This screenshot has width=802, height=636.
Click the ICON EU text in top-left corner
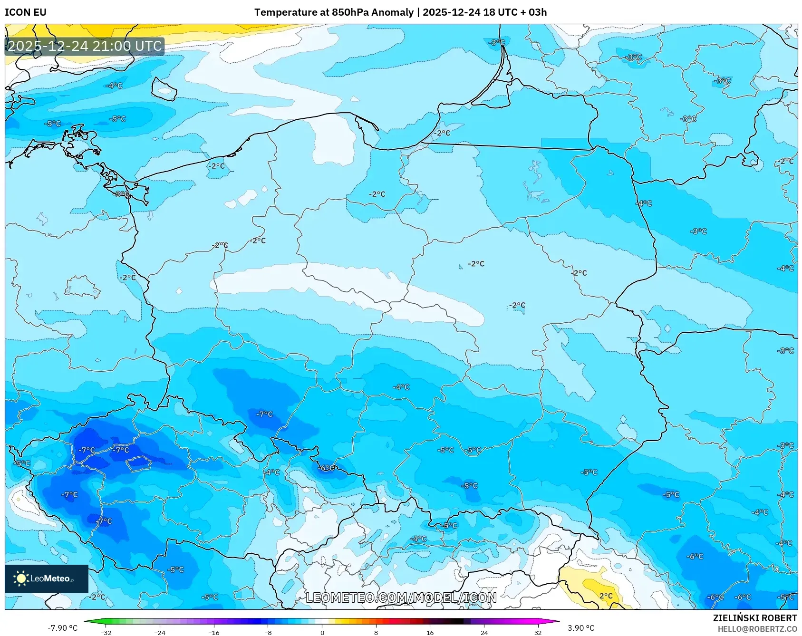tap(26, 12)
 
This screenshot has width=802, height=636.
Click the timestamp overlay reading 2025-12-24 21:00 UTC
tap(85, 46)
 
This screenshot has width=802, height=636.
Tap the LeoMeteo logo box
tap(47, 578)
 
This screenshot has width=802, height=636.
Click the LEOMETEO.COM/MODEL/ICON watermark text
tap(401, 597)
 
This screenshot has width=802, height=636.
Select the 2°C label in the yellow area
tap(606, 596)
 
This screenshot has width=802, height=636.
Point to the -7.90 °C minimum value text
tap(62, 628)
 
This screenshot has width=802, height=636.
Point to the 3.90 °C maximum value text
tap(580, 628)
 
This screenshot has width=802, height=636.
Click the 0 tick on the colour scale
tap(322, 633)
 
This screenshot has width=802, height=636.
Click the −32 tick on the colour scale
tap(106, 633)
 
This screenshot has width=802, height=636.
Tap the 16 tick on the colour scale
tap(430, 633)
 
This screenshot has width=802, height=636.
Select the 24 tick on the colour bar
tap(484, 633)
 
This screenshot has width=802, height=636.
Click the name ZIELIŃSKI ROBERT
tap(754, 618)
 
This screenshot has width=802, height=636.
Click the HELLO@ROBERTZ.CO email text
tap(757, 629)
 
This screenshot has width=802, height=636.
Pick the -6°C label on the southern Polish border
tap(326, 468)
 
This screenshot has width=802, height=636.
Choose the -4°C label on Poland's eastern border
tap(644, 203)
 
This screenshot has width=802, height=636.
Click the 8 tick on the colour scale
tap(376, 633)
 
